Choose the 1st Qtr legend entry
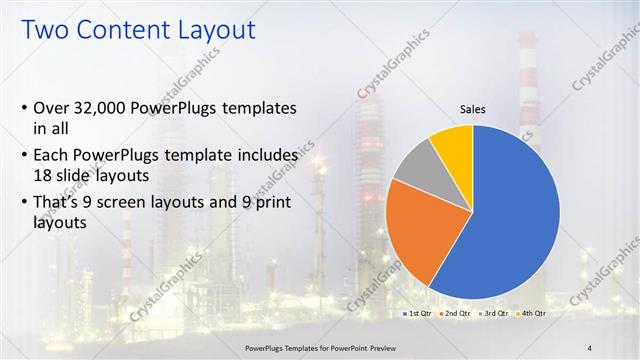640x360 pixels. click(x=417, y=313)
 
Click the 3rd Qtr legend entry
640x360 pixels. click(x=495, y=313)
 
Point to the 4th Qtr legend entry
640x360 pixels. click(x=534, y=313)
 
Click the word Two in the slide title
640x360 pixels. click(x=44, y=30)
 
